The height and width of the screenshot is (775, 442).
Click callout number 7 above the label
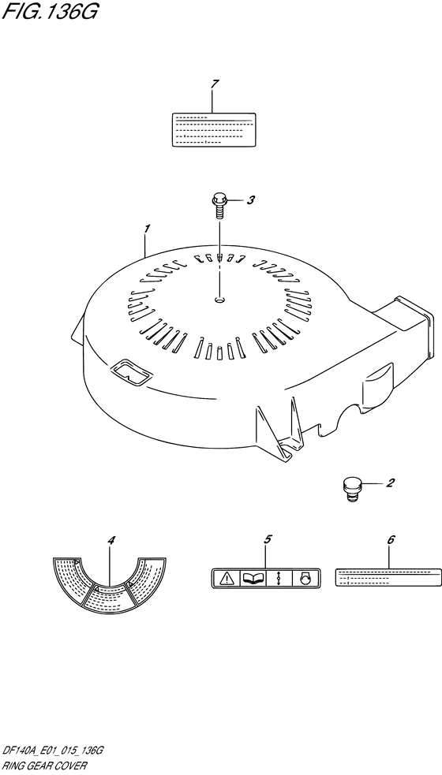click(x=213, y=84)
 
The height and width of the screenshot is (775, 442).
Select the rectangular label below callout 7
click(x=214, y=129)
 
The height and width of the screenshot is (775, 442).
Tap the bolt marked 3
click(x=219, y=207)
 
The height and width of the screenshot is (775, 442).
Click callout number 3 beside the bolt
click(x=251, y=200)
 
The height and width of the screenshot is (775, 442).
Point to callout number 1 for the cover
click(x=147, y=229)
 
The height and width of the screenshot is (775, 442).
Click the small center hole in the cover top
click(x=219, y=299)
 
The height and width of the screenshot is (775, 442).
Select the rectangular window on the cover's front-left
click(x=129, y=372)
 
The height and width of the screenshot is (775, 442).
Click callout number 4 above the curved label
click(x=110, y=541)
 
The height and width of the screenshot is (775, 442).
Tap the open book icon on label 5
click(x=253, y=578)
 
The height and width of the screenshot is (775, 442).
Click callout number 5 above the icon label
click(x=268, y=539)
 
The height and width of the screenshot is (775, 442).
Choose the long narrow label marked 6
click(x=388, y=577)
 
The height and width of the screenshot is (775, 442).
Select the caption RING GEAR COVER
click(x=45, y=765)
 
